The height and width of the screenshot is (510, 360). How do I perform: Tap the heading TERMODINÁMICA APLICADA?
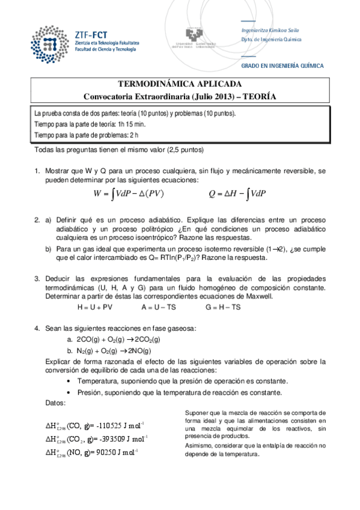coord(180,84)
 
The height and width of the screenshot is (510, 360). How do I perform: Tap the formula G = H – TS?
coord(223,307)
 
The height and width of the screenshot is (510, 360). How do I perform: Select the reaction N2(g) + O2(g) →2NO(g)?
coord(114,350)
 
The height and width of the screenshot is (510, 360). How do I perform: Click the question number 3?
coord(37,278)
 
